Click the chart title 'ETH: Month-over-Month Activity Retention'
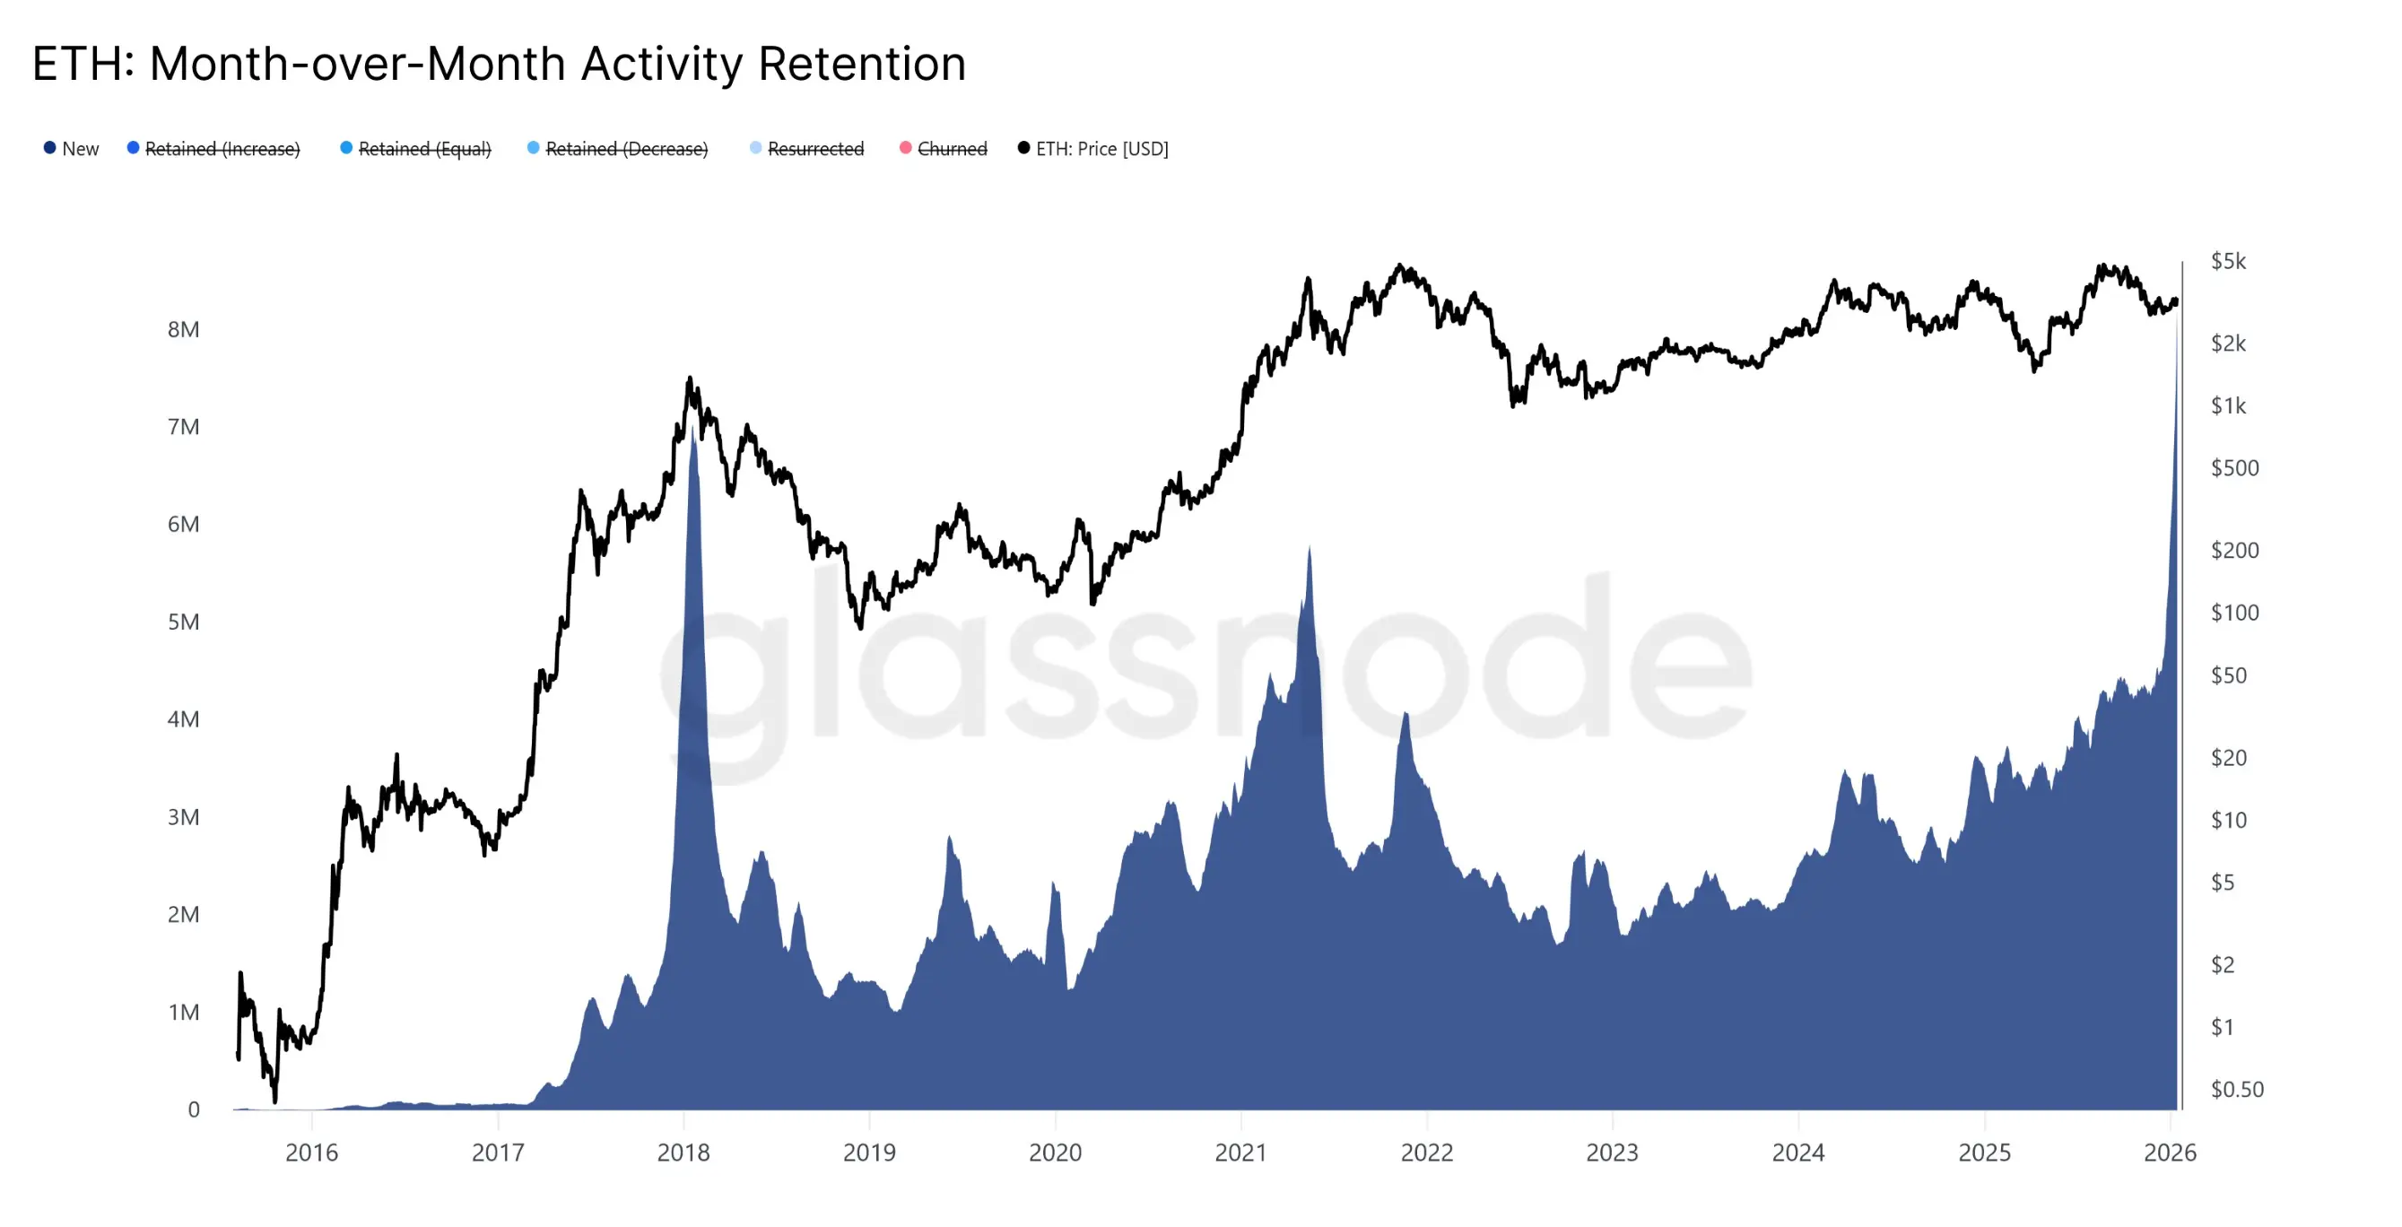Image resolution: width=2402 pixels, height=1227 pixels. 499,65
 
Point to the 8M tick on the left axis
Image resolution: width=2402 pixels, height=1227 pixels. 184,329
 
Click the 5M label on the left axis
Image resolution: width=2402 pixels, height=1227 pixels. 184,622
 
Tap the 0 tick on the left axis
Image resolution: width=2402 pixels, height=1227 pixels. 194,1110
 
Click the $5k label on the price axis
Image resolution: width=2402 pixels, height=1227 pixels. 2228,261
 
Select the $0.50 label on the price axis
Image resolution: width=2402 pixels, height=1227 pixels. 2236,1089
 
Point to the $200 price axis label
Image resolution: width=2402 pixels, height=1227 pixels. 2234,550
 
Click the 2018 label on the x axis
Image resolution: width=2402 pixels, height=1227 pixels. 683,1153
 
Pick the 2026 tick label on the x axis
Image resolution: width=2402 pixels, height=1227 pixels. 2170,1153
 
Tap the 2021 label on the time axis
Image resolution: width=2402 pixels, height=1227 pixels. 1240,1153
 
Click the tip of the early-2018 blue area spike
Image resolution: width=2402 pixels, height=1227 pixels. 692,431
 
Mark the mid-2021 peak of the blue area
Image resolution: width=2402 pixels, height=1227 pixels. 1310,548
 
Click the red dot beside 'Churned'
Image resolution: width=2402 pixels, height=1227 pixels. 905,148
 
